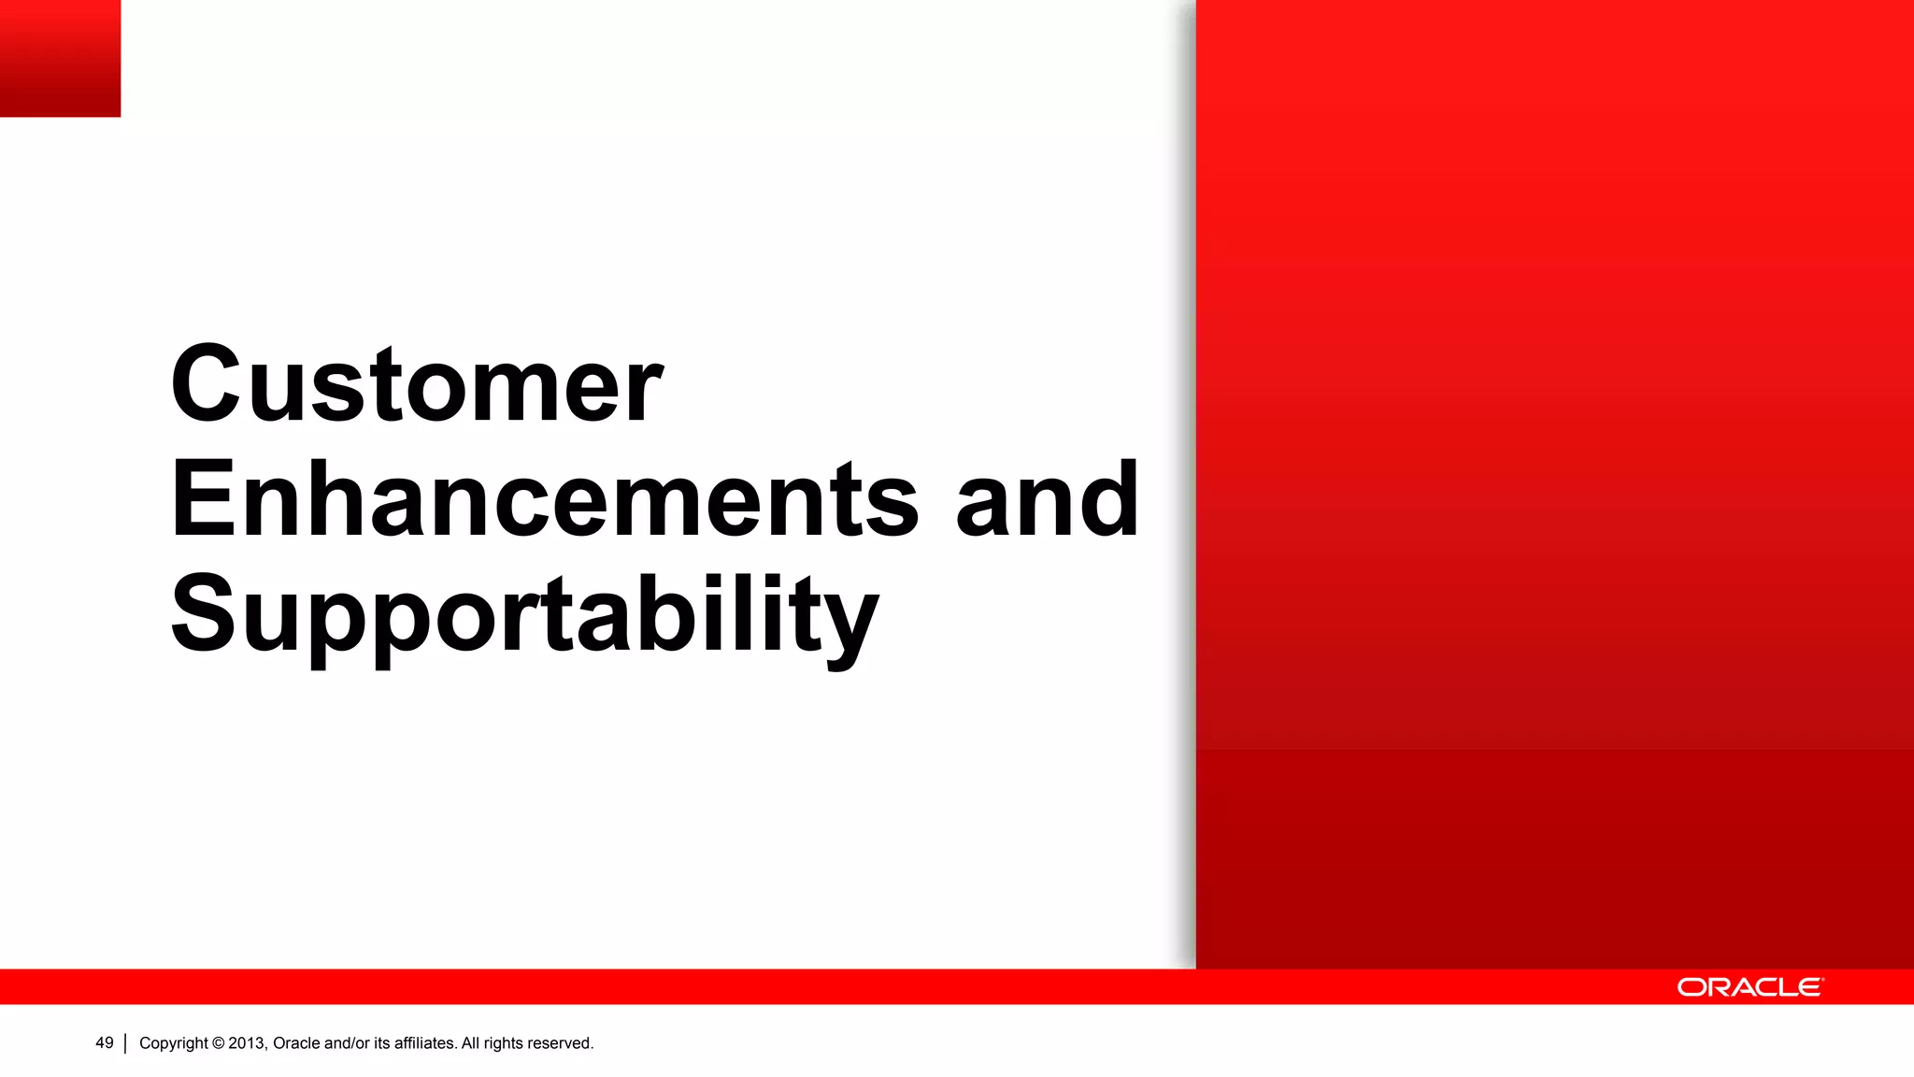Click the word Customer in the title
[416, 384]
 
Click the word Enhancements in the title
[544, 500]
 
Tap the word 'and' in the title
[1047, 500]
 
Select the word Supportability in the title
[523, 615]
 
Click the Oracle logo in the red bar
[1750, 987]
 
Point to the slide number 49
[104, 1043]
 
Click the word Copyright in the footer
[174, 1043]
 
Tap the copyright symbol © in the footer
[218, 1043]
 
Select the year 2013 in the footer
[248, 1043]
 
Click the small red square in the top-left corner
[60, 58]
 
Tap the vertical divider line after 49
[125, 1043]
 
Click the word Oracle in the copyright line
[296, 1043]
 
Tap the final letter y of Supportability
[850, 622]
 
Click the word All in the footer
[470, 1043]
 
